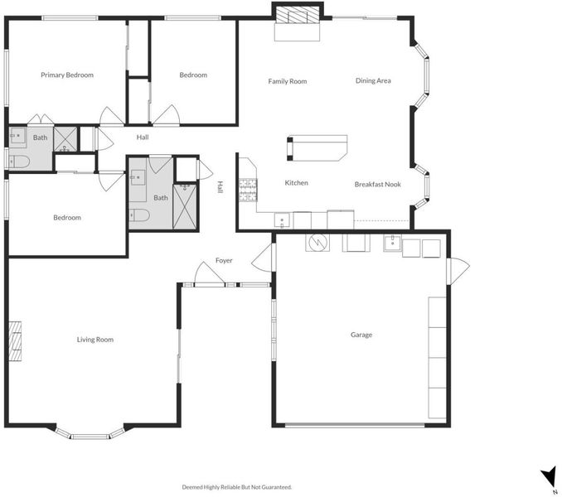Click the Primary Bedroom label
pyautogui.click(x=67, y=75)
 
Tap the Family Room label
pyautogui.click(x=288, y=81)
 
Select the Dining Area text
pyautogui.click(x=373, y=80)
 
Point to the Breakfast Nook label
pyautogui.click(x=378, y=185)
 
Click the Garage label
pyautogui.click(x=361, y=335)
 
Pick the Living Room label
pyautogui.click(x=95, y=340)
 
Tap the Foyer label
pyautogui.click(x=224, y=260)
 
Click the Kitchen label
pyautogui.click(x=297, y=182)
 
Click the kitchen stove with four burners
pyautogui.click(x=248, y=190)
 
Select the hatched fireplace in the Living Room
pyautogui.click(x=15, y=341)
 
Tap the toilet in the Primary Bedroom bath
pyautogui.click(x=18, y=162)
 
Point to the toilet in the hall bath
pyautogui.click(x=139, y=215)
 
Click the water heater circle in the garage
pyautogui.click(x=317, y=243)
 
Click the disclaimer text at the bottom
pyautogui.click(x=237, y=487)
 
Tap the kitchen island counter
pyautogui.click(x=317, y=148)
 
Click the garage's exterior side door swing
pyautogui.click(x=458, y=267)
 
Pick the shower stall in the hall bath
pyautogui.click(x=185, y=206)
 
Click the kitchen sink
pyautogui.click(x=282, y=220)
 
